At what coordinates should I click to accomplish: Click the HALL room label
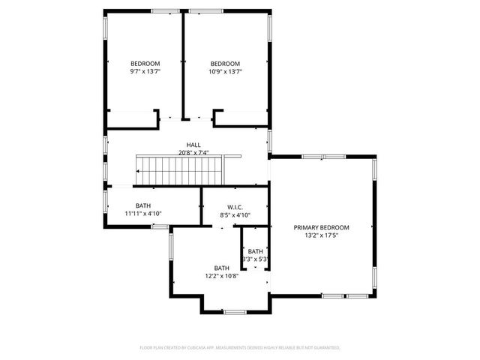(193, 145)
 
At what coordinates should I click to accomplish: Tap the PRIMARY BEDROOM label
(321, 227)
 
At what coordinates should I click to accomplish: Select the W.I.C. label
(235, 207)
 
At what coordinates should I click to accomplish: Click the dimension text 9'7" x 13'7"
(145, 71)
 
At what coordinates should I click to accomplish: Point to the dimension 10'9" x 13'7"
(225, 71)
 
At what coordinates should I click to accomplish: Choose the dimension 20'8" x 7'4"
(193, 153)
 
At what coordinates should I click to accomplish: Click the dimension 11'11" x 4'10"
(143, 214)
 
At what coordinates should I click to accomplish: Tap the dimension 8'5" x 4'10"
(235, 215)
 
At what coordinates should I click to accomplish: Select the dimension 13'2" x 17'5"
(321, 235)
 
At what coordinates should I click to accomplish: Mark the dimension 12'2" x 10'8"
(221, 276)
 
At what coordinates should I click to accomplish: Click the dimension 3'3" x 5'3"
(255, 259)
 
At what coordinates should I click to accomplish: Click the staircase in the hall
(179, 170)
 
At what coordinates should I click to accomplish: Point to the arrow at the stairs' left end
(139, 171)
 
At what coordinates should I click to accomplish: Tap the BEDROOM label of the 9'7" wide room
(145, 63)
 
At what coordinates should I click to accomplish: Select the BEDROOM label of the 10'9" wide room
(225, 63)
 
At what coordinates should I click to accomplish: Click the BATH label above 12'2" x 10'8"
(221, 268)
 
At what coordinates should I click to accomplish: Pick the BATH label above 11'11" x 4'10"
(143, 205)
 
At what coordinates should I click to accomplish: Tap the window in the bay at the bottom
(235, 311)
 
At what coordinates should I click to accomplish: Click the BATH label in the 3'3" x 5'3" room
(256, 251)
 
